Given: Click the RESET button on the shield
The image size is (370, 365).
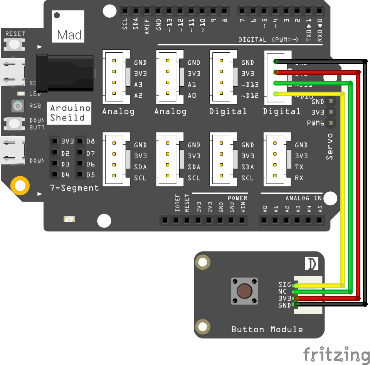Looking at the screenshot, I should pos(14,44).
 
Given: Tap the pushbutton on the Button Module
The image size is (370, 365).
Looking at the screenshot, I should pos(244,291).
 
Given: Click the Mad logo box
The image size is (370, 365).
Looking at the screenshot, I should pos(69,26).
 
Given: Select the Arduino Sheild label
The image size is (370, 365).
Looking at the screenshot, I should pos(70,113).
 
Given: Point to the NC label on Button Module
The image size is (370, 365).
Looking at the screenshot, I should pos(283,291).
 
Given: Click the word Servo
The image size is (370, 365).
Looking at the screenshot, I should pos(330,147).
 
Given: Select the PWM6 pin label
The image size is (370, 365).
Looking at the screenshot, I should pos(316,123).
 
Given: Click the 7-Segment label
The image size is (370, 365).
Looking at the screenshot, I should pos(74,188).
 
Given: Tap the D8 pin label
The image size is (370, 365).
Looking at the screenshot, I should pos(91,141).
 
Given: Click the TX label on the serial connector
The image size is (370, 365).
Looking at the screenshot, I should pos(299,167).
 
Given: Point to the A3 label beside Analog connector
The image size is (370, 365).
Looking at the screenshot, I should pos(138,85).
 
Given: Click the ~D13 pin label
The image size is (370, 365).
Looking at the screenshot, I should pos(250,85).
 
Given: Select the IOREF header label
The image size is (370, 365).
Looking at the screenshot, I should pos(178,203).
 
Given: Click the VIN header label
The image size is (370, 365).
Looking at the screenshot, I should pos(243,206).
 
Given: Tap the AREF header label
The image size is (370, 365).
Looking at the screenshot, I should pos(147,27).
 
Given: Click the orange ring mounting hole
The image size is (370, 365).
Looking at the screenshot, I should pos(20,186).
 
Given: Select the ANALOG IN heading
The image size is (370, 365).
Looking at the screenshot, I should pos(304,198).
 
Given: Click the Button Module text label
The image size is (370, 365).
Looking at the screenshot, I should pos(267,330).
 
